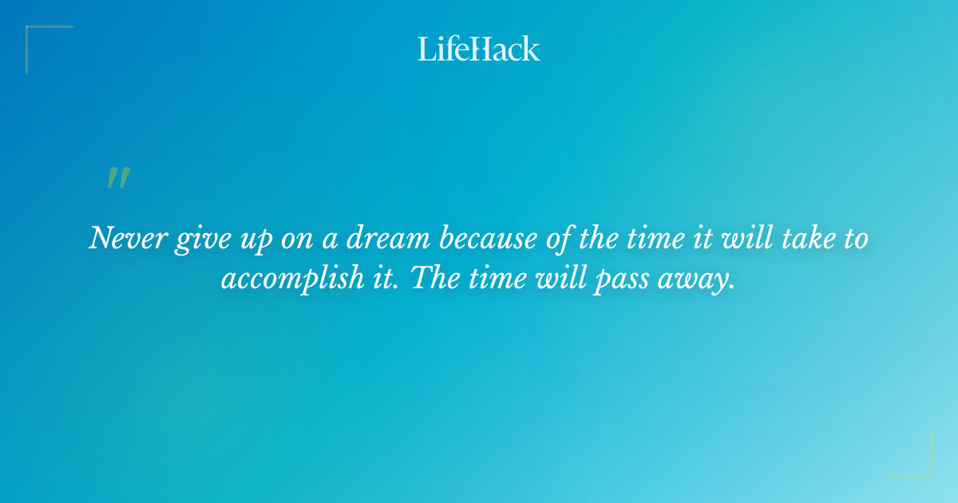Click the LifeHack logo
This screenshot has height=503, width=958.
479,49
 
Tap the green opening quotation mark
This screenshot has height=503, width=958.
117,178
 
